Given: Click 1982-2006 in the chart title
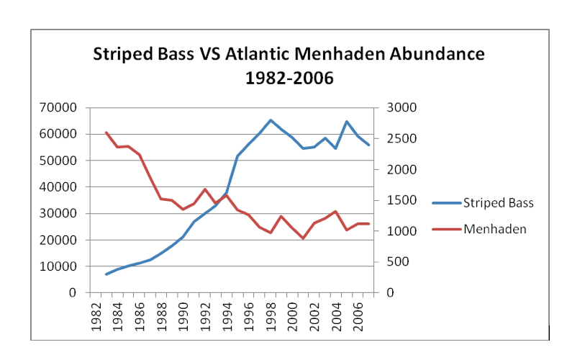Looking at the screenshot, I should tap(289, 78).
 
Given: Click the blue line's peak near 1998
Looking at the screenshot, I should tap(271, 120).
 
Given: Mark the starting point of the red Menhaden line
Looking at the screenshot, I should tap(106, 132).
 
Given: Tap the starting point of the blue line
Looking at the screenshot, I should tap(106, 274).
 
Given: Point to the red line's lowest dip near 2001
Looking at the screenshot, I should tap(303, 238).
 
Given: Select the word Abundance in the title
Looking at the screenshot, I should tap(439, 55).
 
